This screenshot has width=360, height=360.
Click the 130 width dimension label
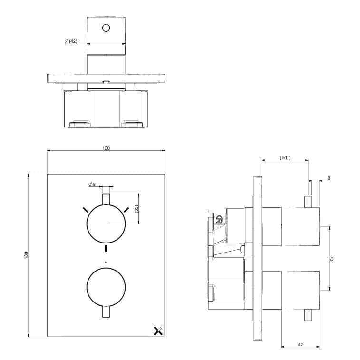pos(106,148)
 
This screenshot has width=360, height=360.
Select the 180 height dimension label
pos(27,255)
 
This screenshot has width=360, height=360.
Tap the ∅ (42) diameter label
pos(71,42)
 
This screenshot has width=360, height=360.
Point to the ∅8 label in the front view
pos(92,184)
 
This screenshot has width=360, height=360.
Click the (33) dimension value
pos(136,209)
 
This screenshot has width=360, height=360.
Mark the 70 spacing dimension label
pos(332,258)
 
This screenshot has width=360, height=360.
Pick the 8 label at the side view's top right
pos(328,178)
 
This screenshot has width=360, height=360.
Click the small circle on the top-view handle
pos(106,28)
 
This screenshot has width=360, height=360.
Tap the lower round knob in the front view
pos(106,287)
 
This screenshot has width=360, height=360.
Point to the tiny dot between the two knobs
pos(106,262)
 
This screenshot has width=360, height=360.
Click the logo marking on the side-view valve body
pos(220,219)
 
